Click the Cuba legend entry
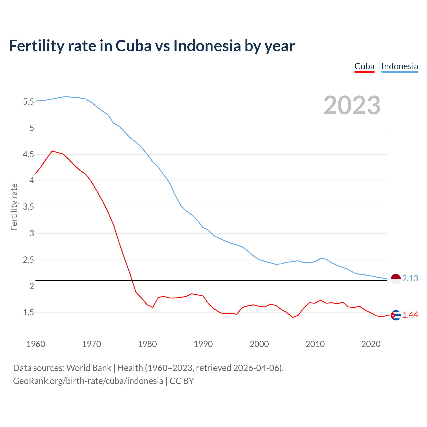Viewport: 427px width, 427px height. coord(364,66)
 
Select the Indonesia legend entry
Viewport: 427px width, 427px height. coord(400,66)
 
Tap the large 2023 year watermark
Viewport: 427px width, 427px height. coord(352,105)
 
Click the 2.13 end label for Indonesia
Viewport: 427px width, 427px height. coord(410,278)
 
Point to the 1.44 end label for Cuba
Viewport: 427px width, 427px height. coord(410,315)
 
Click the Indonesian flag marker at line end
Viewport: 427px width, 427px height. coord(396,279)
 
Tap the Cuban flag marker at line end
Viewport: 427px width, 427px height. coord(396,315)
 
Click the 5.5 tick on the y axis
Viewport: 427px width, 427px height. coord(28,102)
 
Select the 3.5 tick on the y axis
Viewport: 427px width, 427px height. coord(28,207)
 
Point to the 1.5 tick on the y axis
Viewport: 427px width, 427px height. coord(28,313)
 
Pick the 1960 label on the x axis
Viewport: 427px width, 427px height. coord(36,344)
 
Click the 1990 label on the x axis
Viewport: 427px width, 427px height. coord(203,344)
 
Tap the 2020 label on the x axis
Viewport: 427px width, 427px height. coord(371,344)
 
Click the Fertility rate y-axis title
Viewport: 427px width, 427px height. coord(14,207)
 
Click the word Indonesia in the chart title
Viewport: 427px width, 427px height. coord(207,46)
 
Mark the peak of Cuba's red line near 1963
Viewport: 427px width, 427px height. coord(52,151)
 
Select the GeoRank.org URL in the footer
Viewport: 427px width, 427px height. coord(88,381)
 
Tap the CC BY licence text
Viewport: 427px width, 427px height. coord(182,381)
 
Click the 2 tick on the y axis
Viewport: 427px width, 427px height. coord(32,286)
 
